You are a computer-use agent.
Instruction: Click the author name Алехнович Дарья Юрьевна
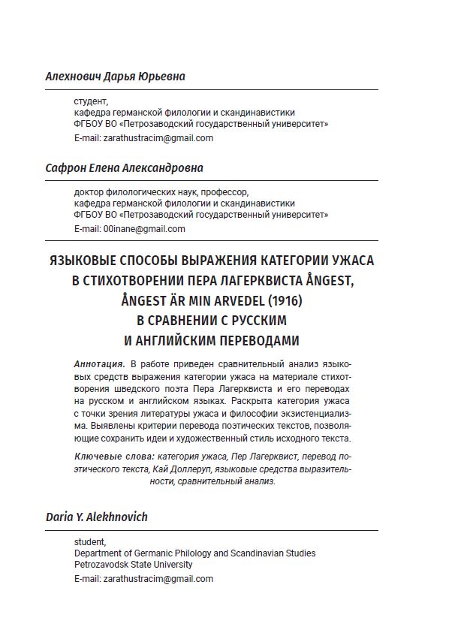[115, 77]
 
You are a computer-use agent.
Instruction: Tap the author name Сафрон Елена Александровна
[124, 168]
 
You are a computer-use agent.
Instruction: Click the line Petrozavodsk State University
[133, 565]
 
